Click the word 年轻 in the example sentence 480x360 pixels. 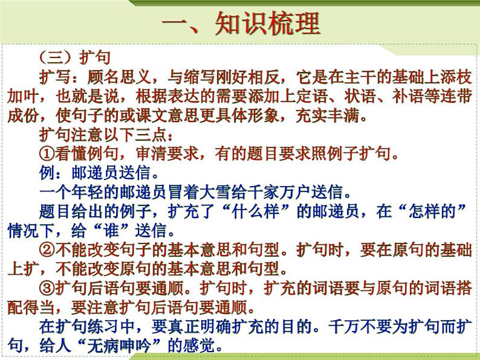tap(95, 193)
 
